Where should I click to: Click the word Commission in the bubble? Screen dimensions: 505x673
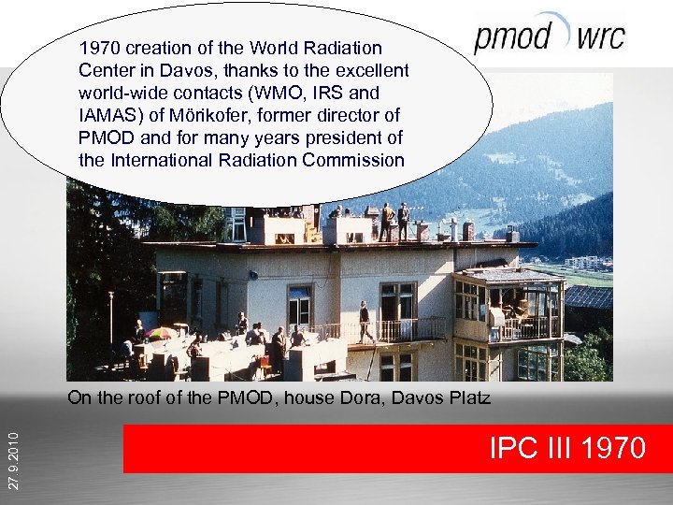[x=353, y=159]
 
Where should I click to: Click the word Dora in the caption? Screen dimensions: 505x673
[x=348, y=399]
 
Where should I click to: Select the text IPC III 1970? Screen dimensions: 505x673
[x=567, y=447]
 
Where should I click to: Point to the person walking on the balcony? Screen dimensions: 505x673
[x=365, y=322]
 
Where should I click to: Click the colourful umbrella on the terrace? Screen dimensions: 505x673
[x=161, y=333]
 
